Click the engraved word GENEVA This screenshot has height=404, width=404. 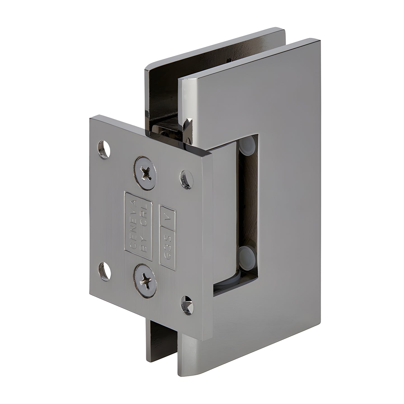click(134, 221)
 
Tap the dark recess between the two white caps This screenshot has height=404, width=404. click(247, 199)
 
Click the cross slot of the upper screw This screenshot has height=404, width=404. click(145, 169)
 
